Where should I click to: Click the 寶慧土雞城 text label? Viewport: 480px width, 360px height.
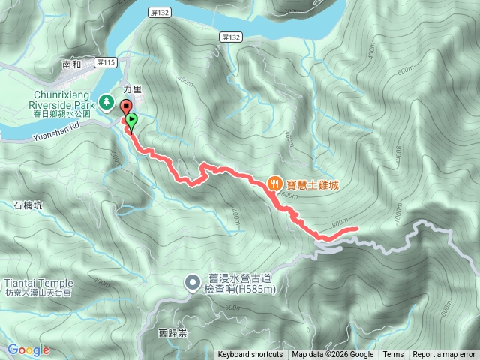tap(312, 183)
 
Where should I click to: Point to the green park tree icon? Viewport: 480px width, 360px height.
tap(106, 100)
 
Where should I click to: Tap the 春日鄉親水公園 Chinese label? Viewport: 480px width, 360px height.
tap(61, 114)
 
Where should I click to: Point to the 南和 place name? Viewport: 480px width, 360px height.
tap(72, 65)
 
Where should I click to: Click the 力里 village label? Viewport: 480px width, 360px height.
tap(132, 88)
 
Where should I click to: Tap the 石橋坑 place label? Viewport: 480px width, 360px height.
tap(28, 204)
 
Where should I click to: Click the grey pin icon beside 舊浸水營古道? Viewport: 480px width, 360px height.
tap(193, 283)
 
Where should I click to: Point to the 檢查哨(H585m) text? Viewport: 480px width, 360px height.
tap(235, 289)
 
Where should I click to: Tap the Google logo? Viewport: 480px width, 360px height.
tap(28, 349)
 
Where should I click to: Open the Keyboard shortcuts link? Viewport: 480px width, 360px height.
tap(250, 355)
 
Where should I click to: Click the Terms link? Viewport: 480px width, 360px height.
tap(393, 355)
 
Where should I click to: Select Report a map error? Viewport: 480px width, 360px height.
tap(444, 355)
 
